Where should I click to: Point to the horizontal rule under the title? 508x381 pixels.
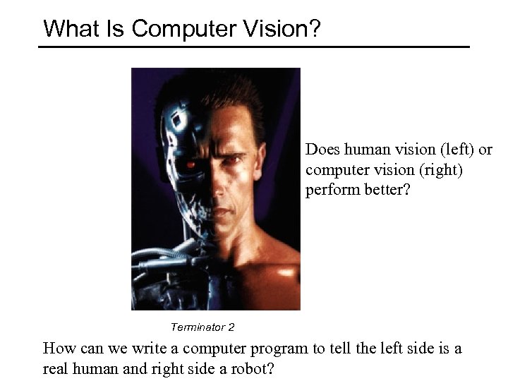point(254,47)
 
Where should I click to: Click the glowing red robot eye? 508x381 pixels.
point(190,164)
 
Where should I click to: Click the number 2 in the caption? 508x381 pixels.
point(231,327)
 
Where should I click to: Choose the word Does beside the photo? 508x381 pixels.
point(322,150)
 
